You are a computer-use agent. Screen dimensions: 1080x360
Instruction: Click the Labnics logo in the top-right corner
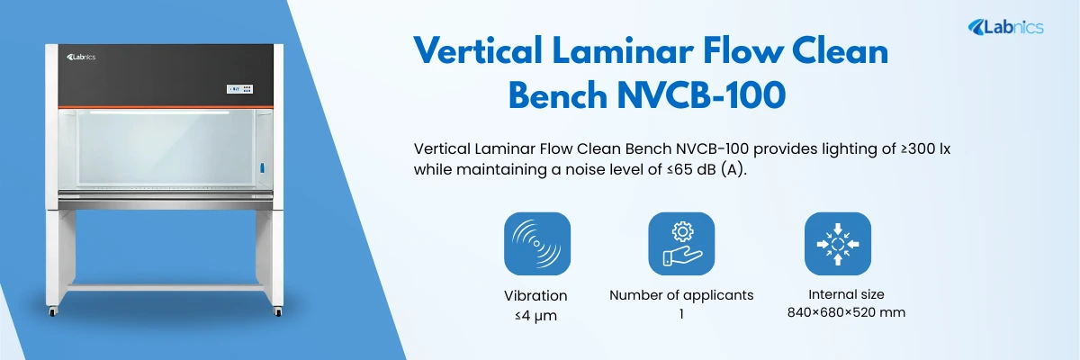point(1006,28)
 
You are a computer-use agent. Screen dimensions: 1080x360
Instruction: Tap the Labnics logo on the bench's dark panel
point(81,58)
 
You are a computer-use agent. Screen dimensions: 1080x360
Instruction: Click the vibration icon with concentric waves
point(537,244)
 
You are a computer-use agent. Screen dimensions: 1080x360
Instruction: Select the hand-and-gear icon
point(681,244)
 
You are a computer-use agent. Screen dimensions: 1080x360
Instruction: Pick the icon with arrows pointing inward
point(838,244)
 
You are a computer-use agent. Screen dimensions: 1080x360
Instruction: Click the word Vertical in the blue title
point(478,51)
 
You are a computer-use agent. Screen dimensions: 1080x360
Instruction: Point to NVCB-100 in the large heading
point(701,95)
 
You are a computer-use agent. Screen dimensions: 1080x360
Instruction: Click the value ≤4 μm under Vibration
point(535,316)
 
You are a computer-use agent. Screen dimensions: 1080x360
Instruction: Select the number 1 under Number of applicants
point(681,314)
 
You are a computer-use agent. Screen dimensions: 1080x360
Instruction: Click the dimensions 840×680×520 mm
point(846,313)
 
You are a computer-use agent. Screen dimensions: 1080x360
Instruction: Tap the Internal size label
point(846,294)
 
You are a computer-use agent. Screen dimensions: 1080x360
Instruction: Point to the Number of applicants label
point(681,295)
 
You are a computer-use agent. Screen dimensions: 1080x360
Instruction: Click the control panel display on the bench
point(240,89)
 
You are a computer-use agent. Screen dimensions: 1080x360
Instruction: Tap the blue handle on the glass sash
point(263,168)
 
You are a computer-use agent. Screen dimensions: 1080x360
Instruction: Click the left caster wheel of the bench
point(52,311)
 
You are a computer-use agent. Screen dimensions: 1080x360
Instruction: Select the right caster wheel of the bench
point(278,311)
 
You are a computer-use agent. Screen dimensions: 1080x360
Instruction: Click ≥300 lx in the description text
point(926,148)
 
